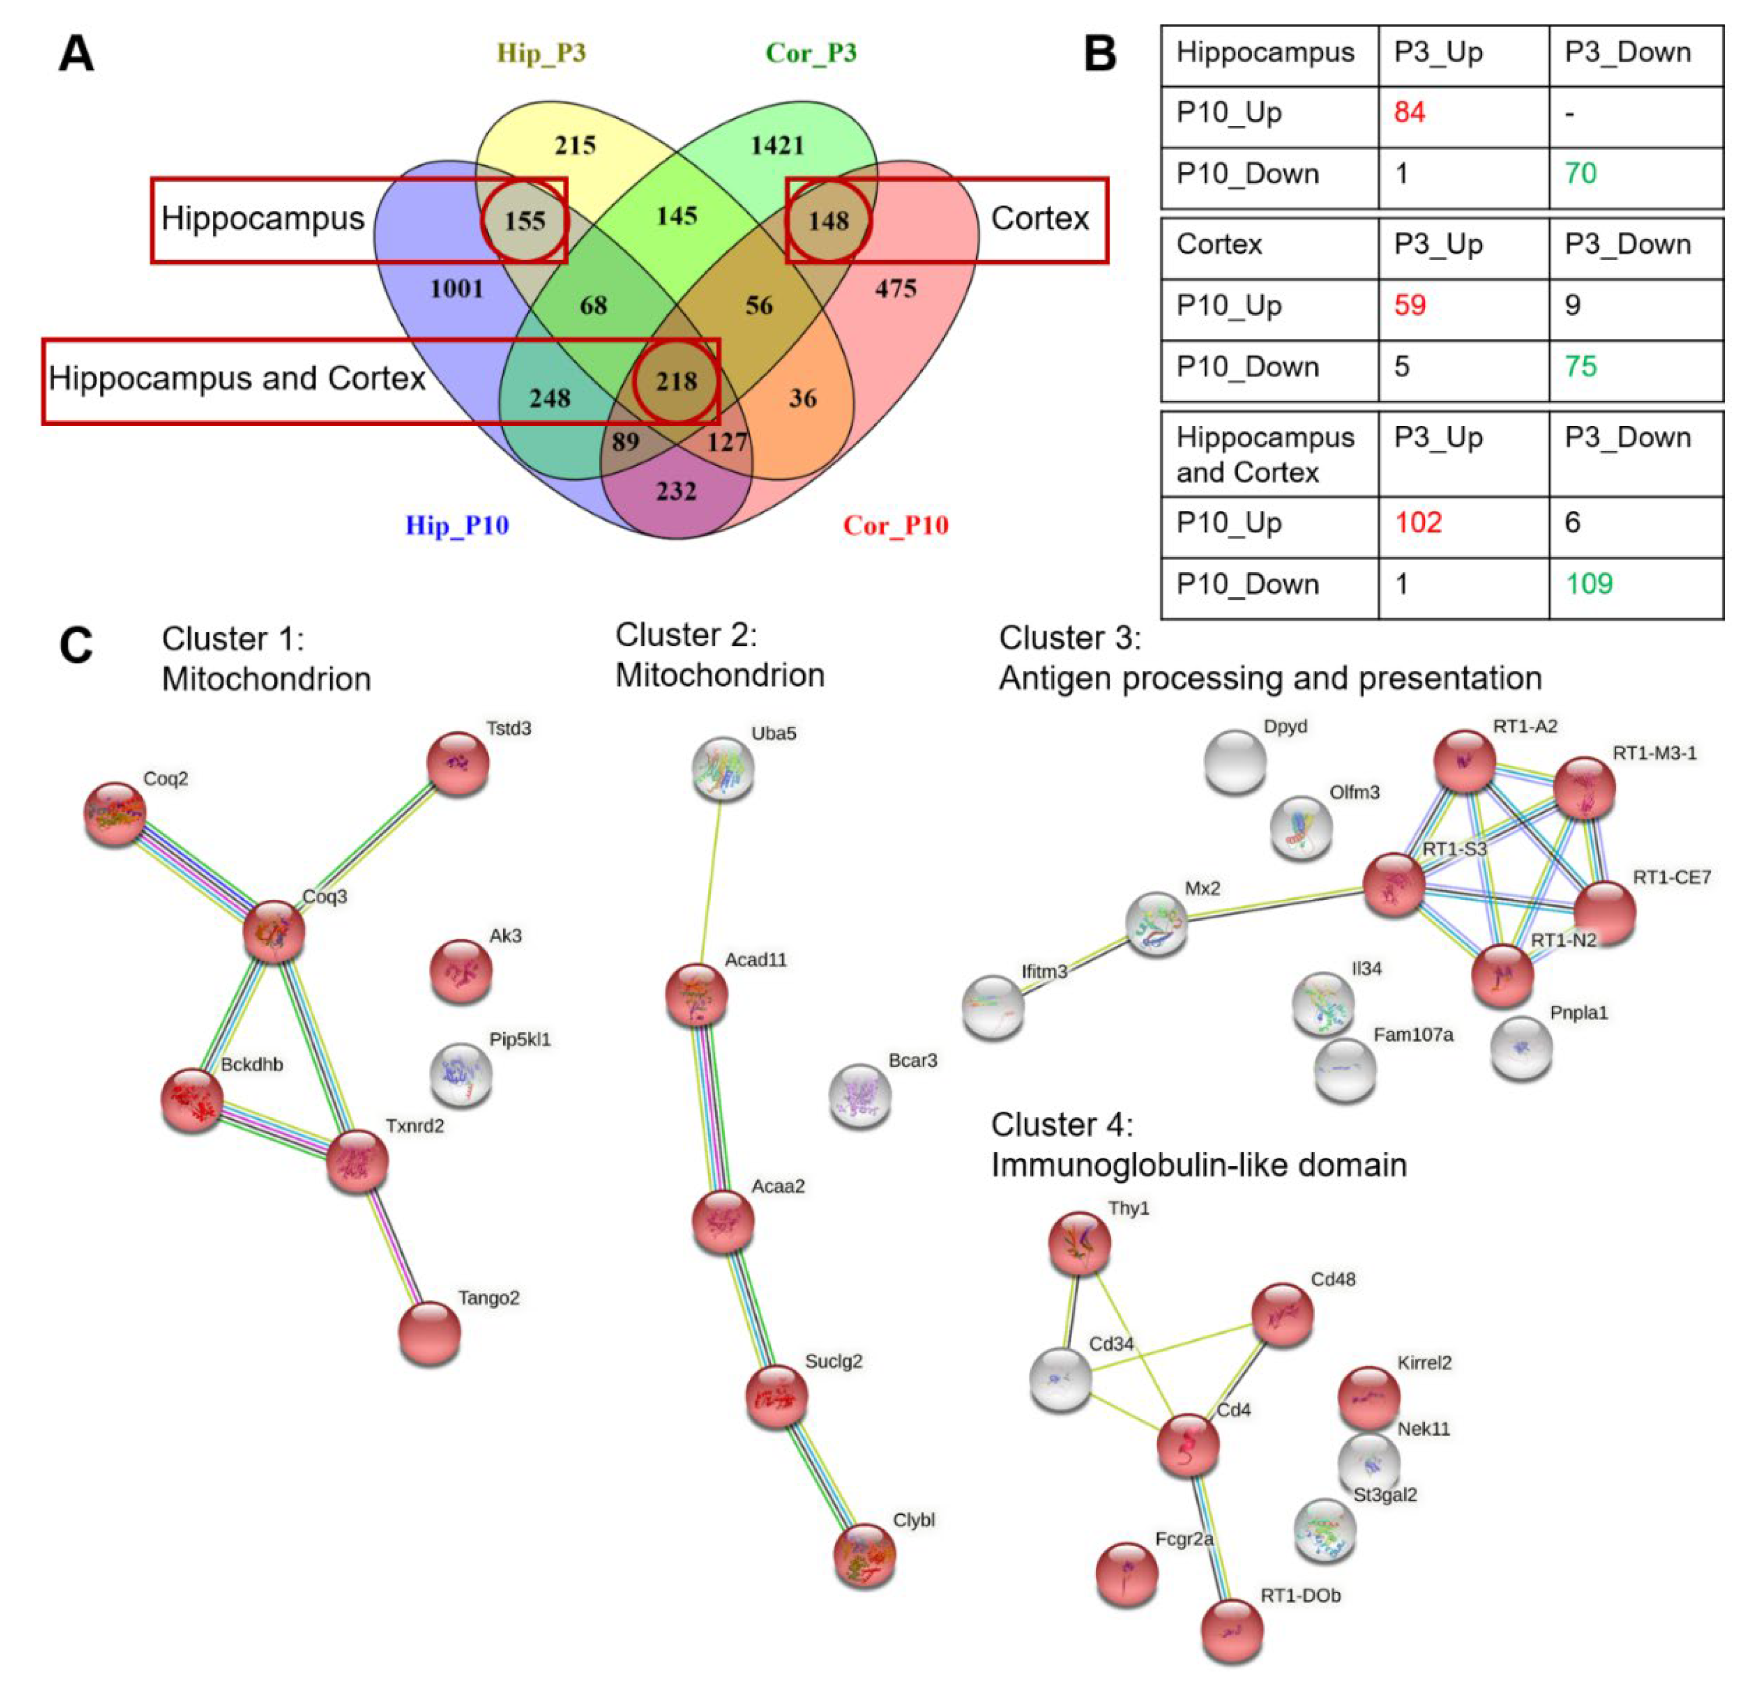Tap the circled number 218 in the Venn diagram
676,381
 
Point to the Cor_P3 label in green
811,53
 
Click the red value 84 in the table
1409,112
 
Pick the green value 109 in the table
1589,584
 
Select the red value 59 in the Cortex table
1409,305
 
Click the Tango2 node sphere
429,1333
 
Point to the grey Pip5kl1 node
461,1074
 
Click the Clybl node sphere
864,1555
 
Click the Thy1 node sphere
1080,1243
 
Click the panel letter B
1100,54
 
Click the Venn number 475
895,289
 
